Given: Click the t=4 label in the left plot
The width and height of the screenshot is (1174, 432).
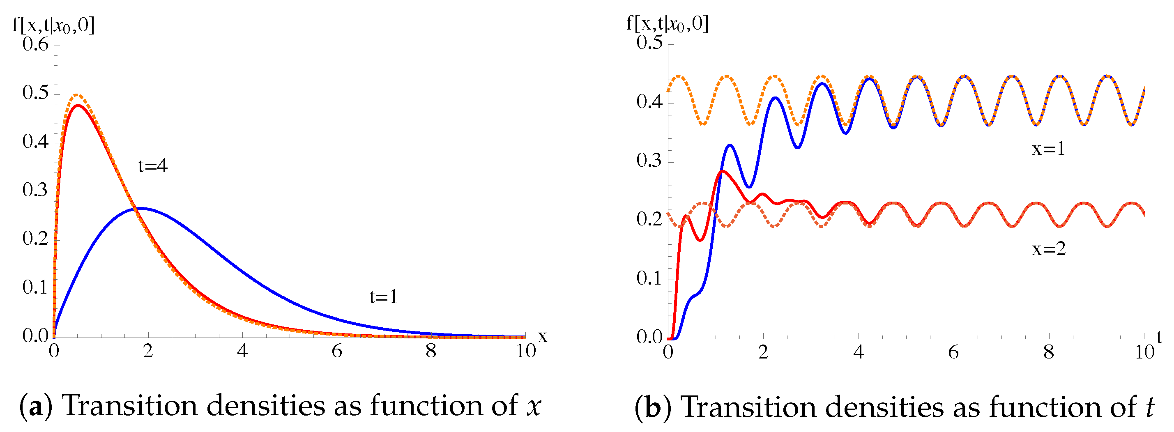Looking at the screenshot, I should (x=153, y=165).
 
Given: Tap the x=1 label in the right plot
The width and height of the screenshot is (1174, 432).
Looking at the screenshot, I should (x=1049, y=149).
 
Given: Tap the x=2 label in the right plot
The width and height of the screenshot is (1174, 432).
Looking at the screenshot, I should (x=1049, y=248).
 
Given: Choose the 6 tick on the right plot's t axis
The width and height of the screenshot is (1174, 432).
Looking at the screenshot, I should (x=953, y=352).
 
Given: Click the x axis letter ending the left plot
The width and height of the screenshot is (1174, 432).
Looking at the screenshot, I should (x=542, y=336).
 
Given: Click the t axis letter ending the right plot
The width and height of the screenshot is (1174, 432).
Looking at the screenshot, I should (x=1159, y=337).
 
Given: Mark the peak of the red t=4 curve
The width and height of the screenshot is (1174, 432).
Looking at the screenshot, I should (x=78, y=105).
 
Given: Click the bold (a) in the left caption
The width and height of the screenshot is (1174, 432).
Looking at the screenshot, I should (x=36, y=406).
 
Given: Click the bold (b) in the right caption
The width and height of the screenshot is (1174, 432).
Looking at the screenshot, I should (x=653, y=407).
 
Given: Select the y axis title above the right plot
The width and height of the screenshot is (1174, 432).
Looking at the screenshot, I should (x=667, y=22).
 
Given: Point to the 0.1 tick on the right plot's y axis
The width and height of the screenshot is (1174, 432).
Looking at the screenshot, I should (x=649, y=278).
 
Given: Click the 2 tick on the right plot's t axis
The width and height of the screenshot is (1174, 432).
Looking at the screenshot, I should (x=763, y=352).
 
